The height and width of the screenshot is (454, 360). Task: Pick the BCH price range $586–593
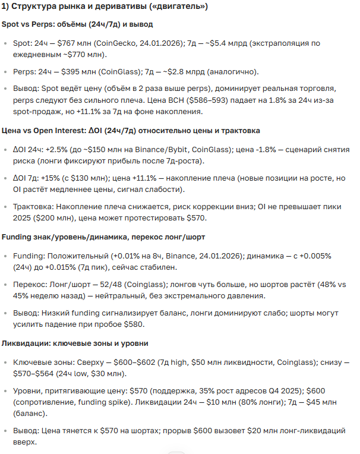[178, 101]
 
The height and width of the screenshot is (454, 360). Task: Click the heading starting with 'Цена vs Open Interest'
[131, 130]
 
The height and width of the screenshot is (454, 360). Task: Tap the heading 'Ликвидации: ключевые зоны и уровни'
[75, 343]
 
